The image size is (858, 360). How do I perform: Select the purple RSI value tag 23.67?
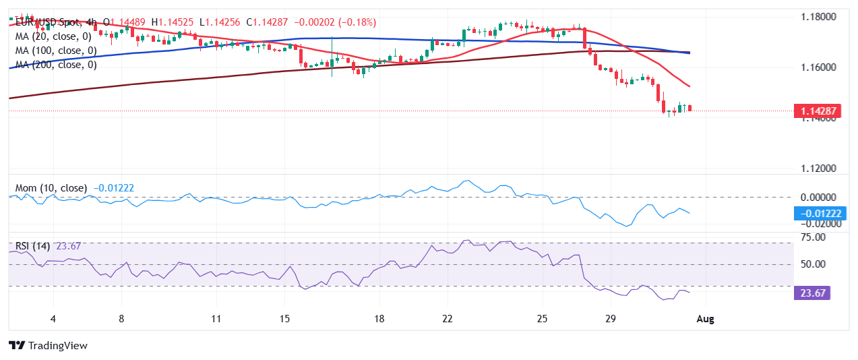tap(812, 293)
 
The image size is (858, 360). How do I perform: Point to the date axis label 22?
tap(447, 319)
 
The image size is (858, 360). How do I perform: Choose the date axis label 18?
tap(379, 319)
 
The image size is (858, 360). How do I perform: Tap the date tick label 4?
tap(53, 319)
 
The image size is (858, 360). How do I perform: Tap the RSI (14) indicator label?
tap(32, 246)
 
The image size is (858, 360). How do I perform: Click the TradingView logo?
tap(49, 345)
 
